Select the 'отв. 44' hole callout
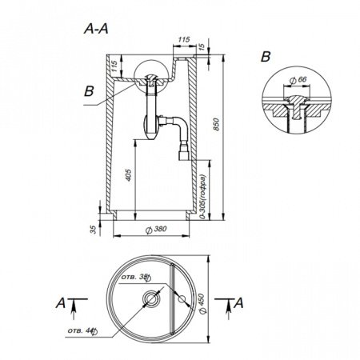[78, 329]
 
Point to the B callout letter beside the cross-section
[89, 91]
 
